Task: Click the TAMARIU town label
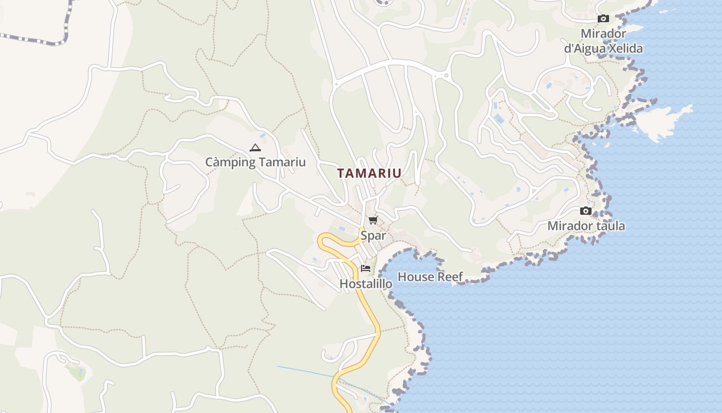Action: pos(369,173)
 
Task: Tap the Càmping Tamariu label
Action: pos(255,162)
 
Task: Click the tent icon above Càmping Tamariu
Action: pos(255,148)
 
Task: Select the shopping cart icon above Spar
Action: pos(373,220)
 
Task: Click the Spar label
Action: pos(373,236)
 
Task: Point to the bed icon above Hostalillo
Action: pos(366,268)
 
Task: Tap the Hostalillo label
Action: pos(366,284)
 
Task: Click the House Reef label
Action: pos(430,277)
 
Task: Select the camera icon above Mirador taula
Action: pos(586,211)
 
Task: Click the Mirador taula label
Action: pos(586,226)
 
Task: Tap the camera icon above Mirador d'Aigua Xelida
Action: pos(603,19)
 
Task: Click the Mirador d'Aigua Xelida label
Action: pos(603,41)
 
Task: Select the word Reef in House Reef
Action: pos(450,277)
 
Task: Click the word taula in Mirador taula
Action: pos(610,226)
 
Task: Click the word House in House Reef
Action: pos(416,277)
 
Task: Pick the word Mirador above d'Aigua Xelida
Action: pos(603,34)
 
